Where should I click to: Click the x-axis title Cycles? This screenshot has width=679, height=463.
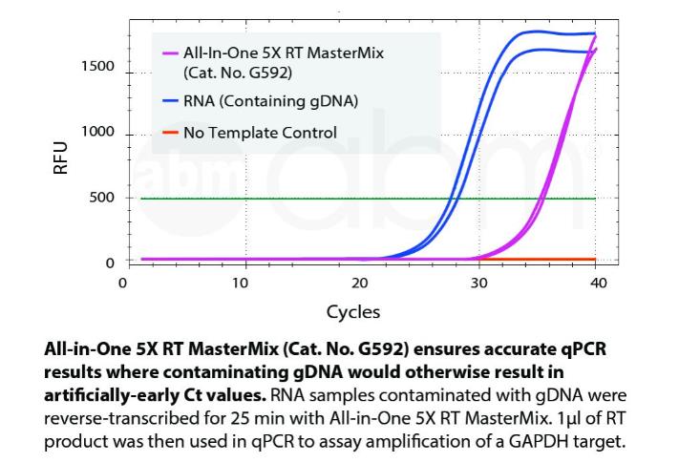click(352, 311)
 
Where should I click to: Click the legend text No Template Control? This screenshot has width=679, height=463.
click(261, 133)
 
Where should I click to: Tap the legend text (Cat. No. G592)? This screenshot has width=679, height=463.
click(238, 72)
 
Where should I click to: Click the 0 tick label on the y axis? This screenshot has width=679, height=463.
click(111, 262)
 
